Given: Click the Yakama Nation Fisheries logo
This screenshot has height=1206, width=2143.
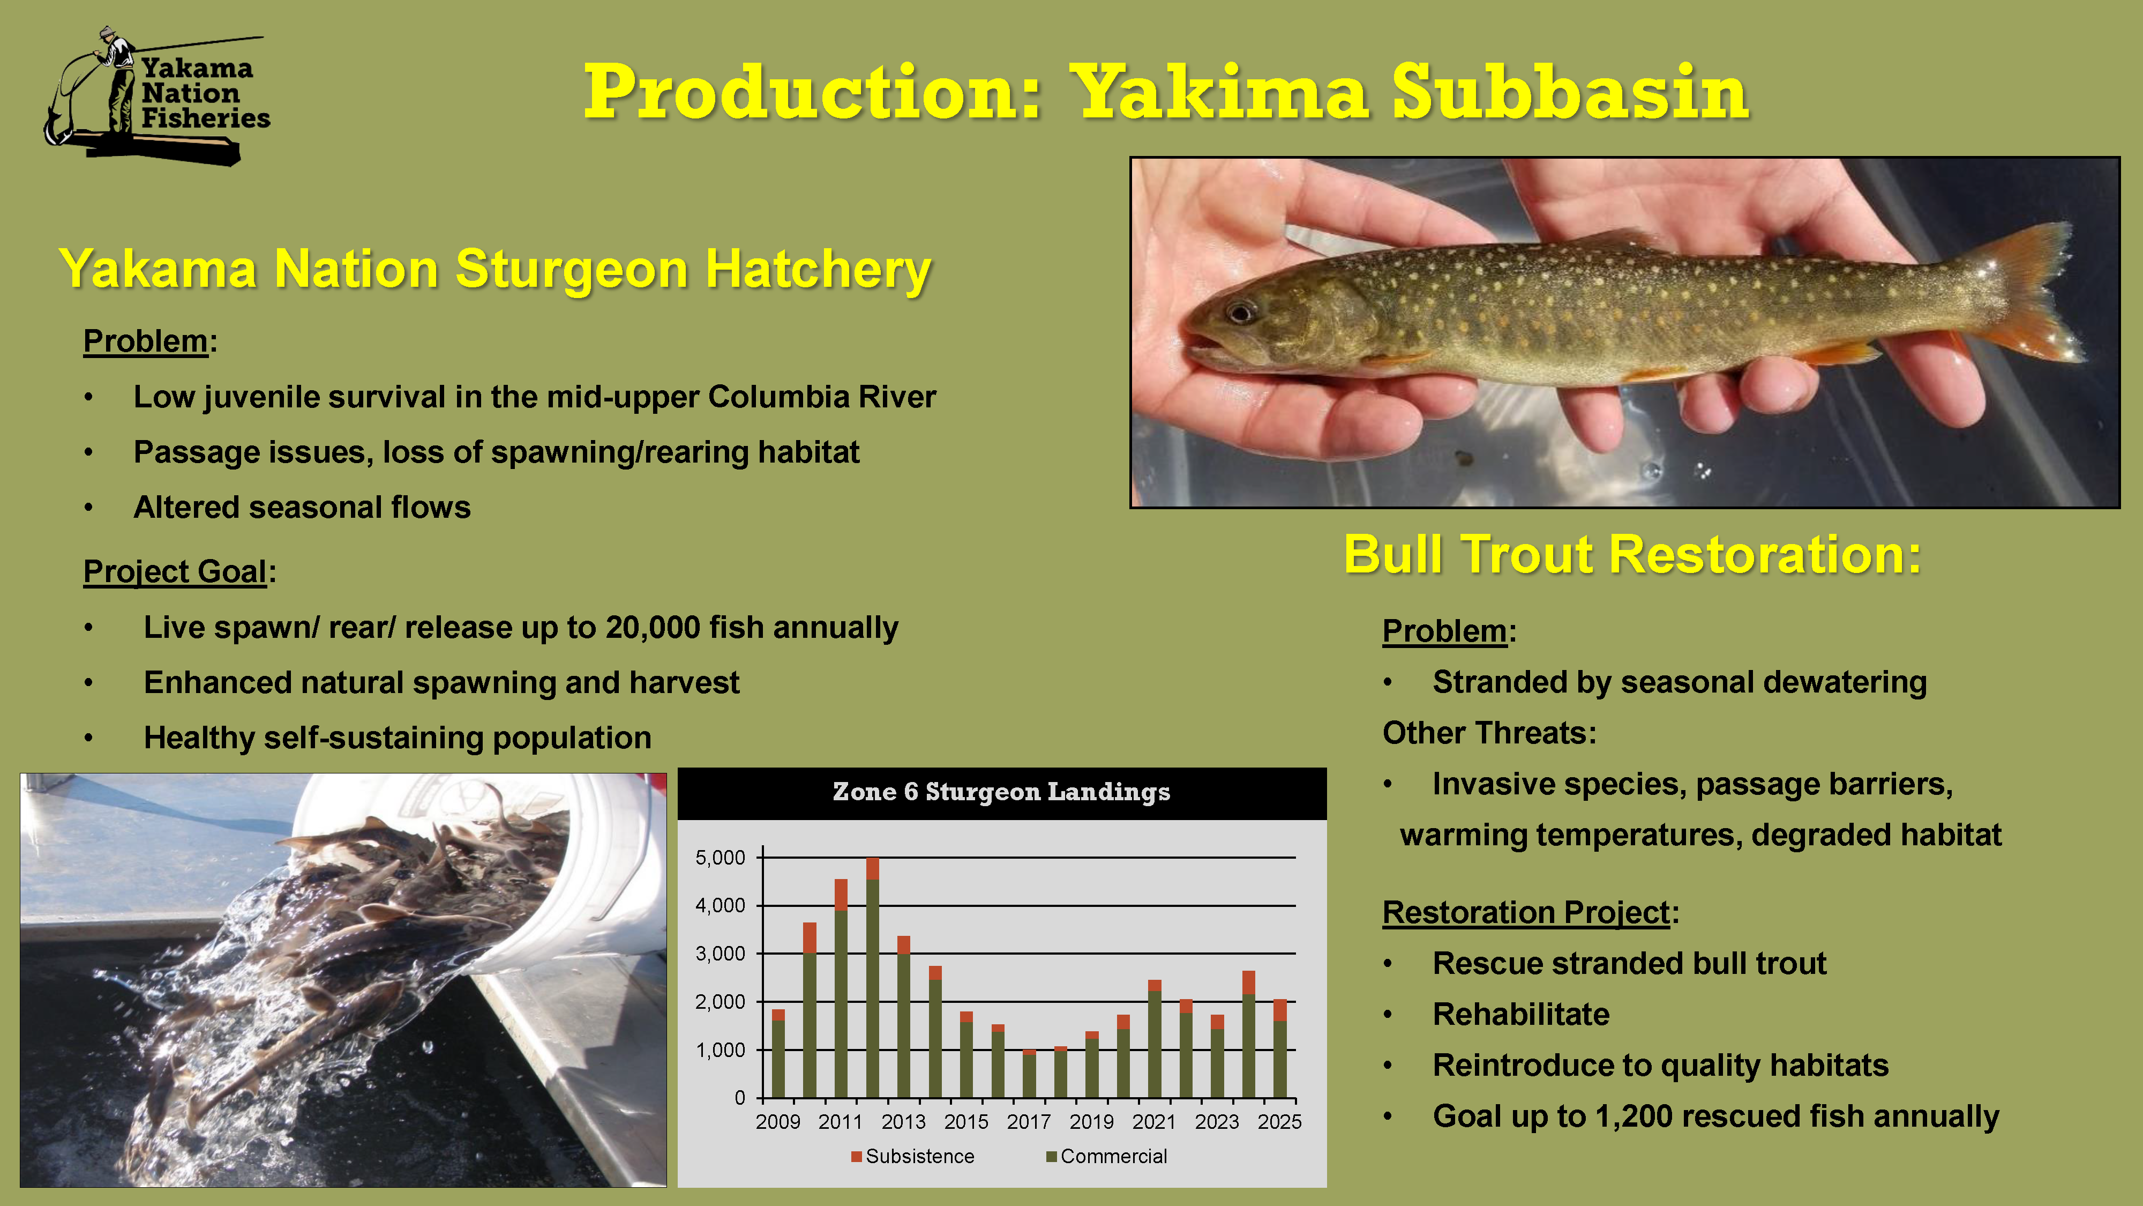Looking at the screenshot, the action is (x=156, y=96).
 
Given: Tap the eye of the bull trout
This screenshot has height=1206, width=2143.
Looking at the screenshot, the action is (x=1240, y=313).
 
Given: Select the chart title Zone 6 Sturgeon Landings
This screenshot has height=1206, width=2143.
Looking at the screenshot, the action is (x=1002, y=792).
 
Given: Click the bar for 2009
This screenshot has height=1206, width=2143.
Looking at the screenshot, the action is (x=778, y=1054).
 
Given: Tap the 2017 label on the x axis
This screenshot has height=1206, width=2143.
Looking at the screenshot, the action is (x=1029, y=1122).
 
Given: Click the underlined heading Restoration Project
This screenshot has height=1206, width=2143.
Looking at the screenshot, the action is (x=1526, y=913).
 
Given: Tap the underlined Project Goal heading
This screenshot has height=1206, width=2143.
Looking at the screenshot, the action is (x=175, y=572).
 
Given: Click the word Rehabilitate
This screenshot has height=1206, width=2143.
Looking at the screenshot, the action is (x=1521, y=1015).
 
